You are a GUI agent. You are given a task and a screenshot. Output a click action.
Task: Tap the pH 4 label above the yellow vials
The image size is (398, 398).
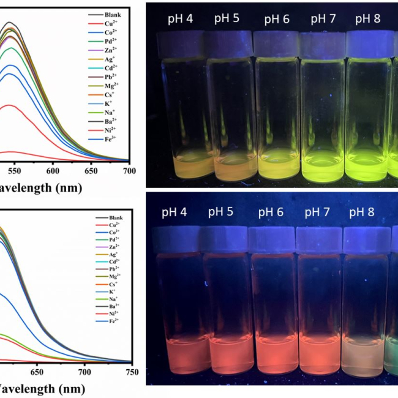pyautogui.click(x=181, y=18)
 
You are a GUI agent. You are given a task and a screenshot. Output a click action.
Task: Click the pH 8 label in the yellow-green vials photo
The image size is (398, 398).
pyautogui.click(x=368, y=18)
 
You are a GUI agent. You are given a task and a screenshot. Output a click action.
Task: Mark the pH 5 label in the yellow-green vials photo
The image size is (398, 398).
pyautogui.click(x=227, y=18)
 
